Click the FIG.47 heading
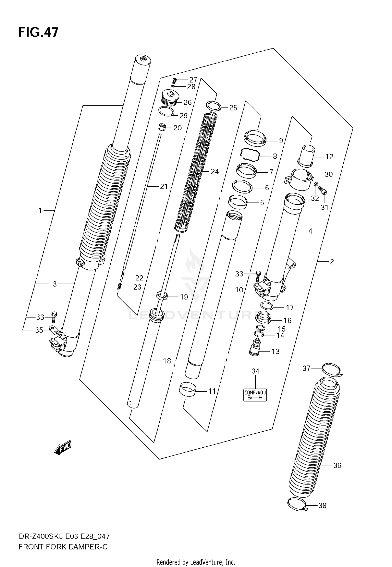(x=38, y=32)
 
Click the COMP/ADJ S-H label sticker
(x=255, y=395)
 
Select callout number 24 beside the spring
(x=215, y=172)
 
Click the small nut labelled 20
(x=162, y=127)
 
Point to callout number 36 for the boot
(x=337, y=465)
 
